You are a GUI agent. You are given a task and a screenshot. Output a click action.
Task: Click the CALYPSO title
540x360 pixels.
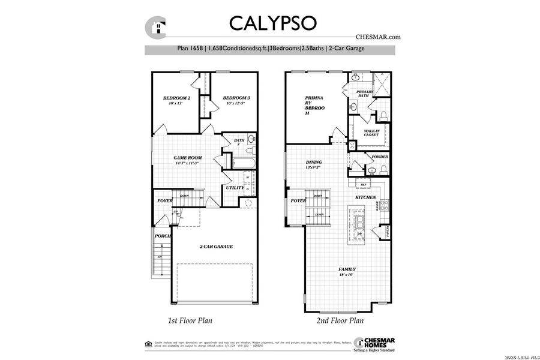point(273,22)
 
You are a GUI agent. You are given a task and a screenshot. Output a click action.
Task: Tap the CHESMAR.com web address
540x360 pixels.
point(377,37)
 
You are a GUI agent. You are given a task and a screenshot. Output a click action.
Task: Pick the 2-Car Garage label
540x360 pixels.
point(216,246)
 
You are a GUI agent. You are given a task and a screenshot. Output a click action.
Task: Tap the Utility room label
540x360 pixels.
point(234,188)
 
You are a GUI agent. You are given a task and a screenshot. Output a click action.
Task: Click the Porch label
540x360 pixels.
point(163,236)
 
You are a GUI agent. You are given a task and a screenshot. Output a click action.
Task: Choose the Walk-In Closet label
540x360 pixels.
point(371,133)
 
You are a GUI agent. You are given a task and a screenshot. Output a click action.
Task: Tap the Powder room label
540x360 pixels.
point(380,157)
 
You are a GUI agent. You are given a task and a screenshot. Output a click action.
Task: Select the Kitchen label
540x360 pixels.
point(365,197)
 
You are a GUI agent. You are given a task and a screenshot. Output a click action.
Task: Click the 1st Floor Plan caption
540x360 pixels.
point(190,320)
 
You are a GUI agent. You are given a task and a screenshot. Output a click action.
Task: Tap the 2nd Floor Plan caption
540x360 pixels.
point(340,320)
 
